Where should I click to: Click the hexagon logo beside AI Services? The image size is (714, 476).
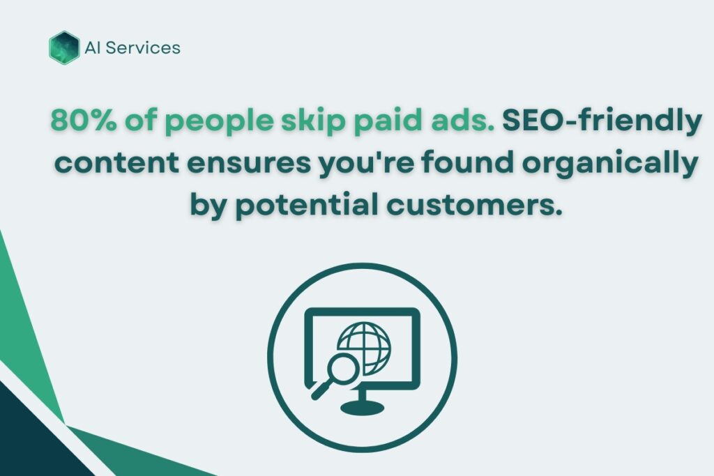point(64,47)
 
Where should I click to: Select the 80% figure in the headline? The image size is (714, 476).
point(84,120)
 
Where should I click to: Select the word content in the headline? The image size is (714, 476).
point(116,163)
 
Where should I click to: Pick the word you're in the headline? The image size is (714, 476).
point(366,164)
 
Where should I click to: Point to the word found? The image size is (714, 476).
point(468,162)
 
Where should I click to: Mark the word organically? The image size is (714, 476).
point(610,164)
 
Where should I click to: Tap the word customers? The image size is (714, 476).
point(474,206)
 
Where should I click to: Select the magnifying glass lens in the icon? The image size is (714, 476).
point(343,368)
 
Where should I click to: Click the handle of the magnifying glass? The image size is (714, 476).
point(321,390)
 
